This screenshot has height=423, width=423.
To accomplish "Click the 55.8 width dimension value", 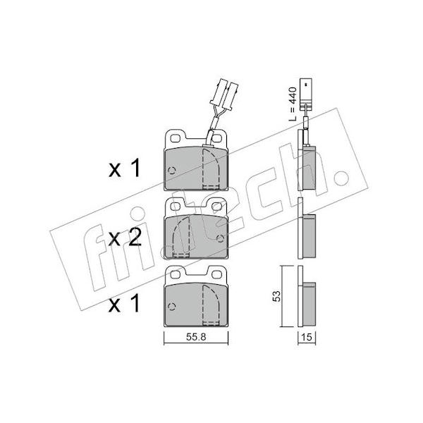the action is pyautogui.click(x=196, y=337).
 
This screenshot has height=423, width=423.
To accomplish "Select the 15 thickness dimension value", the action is pyautogui.click(x=307, y=337).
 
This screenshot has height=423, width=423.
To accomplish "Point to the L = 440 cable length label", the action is pyautogui.click(x=293, y=104).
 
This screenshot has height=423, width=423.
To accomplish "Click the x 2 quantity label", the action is pyautogui.click(x=125, y=239).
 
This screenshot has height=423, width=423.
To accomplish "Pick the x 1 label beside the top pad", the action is pyautogui.click(x=124, y=168).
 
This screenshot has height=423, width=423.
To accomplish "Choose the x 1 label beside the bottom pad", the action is pyautogui.click(x=124, y=303).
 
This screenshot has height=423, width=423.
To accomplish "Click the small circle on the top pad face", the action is pyautogui.click(x=172, y=170).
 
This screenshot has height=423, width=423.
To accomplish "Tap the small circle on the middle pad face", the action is pyautogui.click(x=221, y=238).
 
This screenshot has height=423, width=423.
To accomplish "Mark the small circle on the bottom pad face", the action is pyautogui.click(x=172, y=306).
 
